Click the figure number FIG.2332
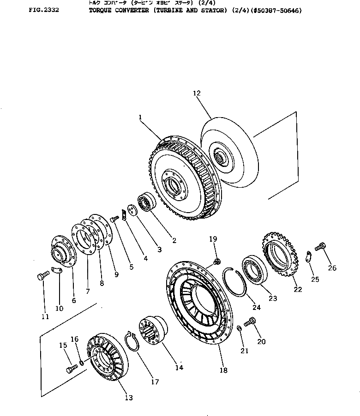point(43,10)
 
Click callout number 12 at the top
point(197,93)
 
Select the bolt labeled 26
point(320,248)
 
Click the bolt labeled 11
point(40,277)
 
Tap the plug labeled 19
point(216,263)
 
